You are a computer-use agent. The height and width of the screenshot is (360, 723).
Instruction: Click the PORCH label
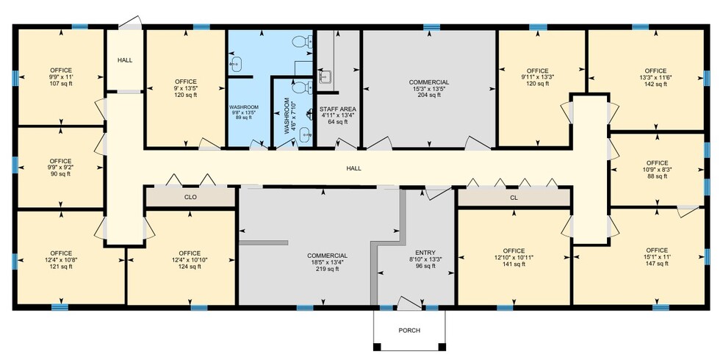(409, 330)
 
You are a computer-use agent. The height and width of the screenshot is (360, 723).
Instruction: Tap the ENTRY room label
(425, 253)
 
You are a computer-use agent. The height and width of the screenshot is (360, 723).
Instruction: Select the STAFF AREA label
(338, 109)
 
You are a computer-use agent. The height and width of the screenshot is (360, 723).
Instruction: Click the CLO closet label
(190, 198)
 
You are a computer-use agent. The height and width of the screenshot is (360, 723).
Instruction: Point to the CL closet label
(514, 198)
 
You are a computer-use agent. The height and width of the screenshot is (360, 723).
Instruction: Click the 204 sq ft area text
(429, 96)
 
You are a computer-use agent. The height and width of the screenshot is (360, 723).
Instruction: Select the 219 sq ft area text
(328, 269)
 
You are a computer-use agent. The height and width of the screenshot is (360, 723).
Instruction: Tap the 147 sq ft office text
(657, 264)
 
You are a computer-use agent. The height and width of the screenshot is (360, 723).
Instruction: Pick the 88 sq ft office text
(657, 176)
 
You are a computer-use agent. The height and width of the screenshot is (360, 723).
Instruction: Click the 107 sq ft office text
(61, 84)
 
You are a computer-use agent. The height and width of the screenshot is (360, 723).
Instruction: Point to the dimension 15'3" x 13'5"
(429, 89)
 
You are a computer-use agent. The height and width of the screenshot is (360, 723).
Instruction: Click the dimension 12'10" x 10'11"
(514, 258)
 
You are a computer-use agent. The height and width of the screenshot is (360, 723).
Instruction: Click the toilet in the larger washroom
(302, 41)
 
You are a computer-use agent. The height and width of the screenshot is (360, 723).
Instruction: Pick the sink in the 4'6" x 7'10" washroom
(306, 134)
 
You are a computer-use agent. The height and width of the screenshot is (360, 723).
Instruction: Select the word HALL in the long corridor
(353, 169)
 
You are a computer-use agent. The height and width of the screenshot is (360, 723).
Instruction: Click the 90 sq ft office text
(61, 174)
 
